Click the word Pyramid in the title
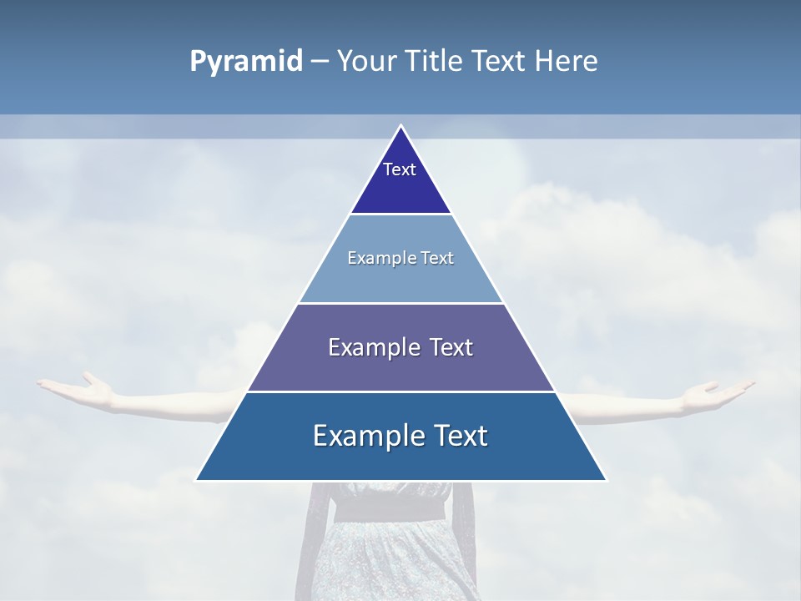245,62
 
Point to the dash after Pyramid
319,62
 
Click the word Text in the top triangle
400,169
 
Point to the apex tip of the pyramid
400,126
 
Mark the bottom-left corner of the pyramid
197,479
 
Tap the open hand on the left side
79,387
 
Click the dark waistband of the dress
392,508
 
